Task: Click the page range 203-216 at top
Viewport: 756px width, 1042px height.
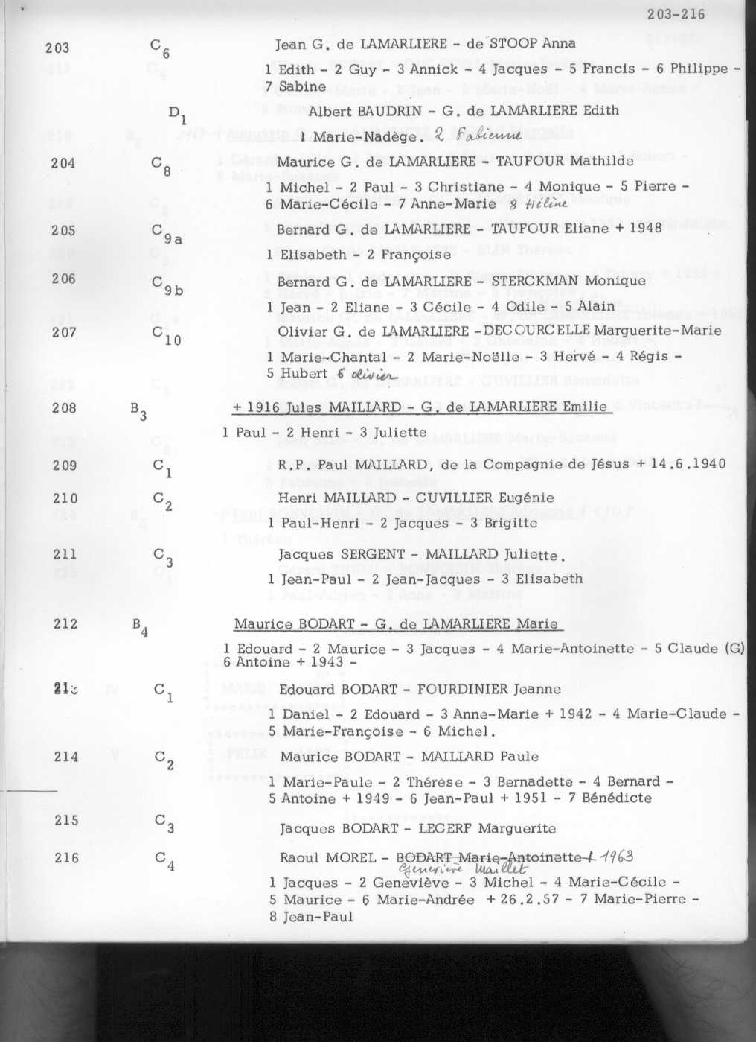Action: (676, 14)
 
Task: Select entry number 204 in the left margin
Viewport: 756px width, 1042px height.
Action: (63, 162)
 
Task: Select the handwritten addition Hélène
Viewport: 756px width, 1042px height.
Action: (550, 204)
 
